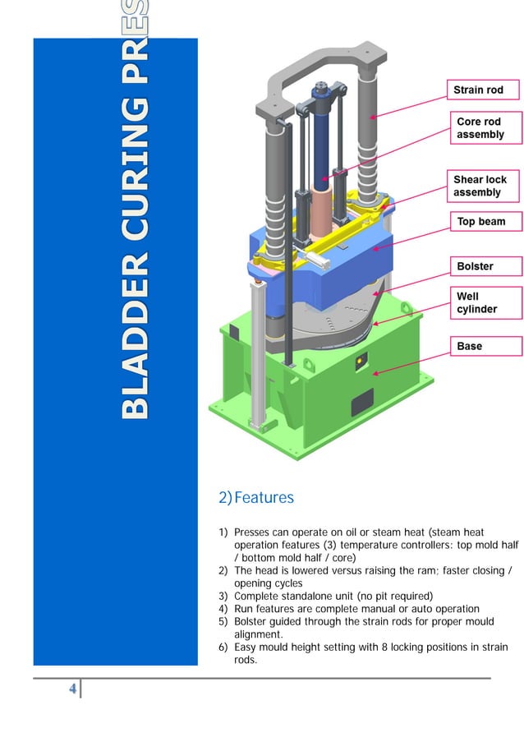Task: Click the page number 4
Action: tap(73, 689)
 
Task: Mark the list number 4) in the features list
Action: tap(223, 609)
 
